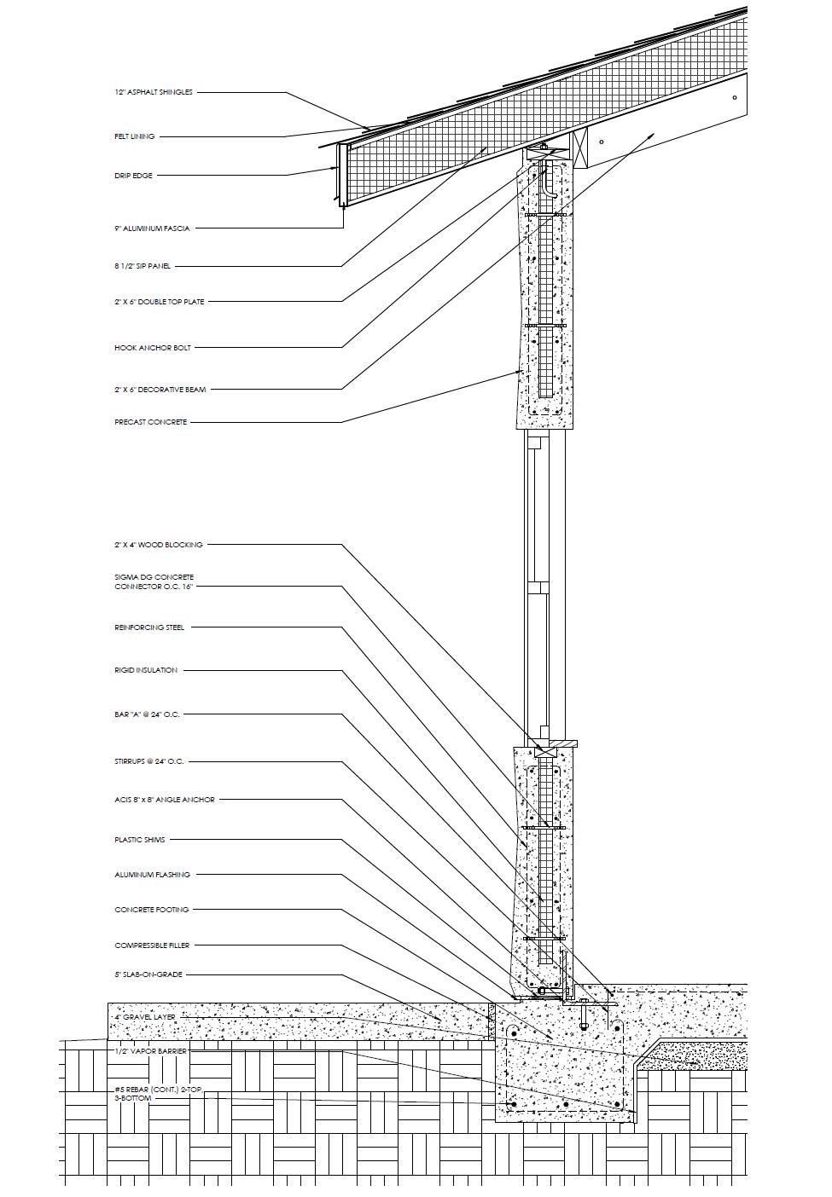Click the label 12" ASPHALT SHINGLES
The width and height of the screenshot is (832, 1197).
click(x=154, y=92)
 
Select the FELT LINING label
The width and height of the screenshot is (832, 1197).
click(x=135, y=136)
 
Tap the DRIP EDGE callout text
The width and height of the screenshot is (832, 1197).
click(x=133, y=176)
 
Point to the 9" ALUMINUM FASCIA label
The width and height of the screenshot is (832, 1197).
click(x=152, y=228)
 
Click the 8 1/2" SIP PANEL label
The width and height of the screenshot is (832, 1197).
click(x=143, y=266)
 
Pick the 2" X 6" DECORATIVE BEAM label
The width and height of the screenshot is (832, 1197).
click(x=160, y=390)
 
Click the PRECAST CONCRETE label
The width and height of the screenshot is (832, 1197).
click(x=150, y=422)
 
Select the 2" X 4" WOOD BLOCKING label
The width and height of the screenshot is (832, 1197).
click(x=159, y=545)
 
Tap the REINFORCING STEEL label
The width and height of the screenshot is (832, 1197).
click(x=149, y=627)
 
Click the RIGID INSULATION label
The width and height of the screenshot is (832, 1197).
click(x=146, y=670)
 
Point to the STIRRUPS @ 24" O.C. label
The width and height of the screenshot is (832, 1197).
click(x=149, y=761)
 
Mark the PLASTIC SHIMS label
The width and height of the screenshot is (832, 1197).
click(x=140, y=840)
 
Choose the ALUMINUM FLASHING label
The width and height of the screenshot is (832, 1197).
click(x=152, y=875)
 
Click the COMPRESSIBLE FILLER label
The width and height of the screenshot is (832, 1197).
click(x=152, y=945)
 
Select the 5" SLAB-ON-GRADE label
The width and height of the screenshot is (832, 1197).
click(x=148, y=974)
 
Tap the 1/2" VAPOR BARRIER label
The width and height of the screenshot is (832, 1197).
click(x=150, y=1051)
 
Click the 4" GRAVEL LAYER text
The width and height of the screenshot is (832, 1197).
click(x=144, y=1018)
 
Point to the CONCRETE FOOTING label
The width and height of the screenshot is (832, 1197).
click(x=152, y=910)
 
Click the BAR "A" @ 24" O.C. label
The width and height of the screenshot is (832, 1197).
click(x=147, y=714)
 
